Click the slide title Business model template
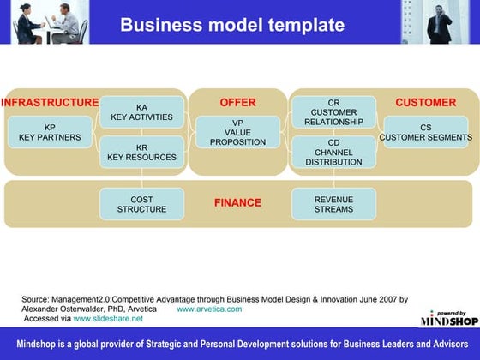pyautogui.click(x=232, y=24)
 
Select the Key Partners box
pyautogui.click(x=50, y=132)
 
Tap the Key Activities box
pyautogui.click(x=141, y=112)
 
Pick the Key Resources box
pyautogui.click(x=141, y=153)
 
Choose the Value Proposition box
pyautogui.click(x=237, y=132)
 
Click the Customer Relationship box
pyautogui.click(x=333, y=112)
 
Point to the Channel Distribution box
pyautogui.click(x=333, y=152)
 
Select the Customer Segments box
pyautogui.click(x=426, y=132)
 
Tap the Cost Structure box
pyautogui.click(x=141, y=204)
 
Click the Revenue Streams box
pyautogui.click(x=333, y=204)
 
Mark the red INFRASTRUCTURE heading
pyautogui.click(x=50, y=103)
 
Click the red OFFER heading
pyautogui.click(x=237, y=103)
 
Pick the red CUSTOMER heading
pyautogui.click(x=425, y=103)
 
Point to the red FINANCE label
pyautogui.click(x=237, y=203)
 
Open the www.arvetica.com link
pyautogui.click(x=208, y=309)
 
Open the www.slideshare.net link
pyautogui.click(x=108, y=318)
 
